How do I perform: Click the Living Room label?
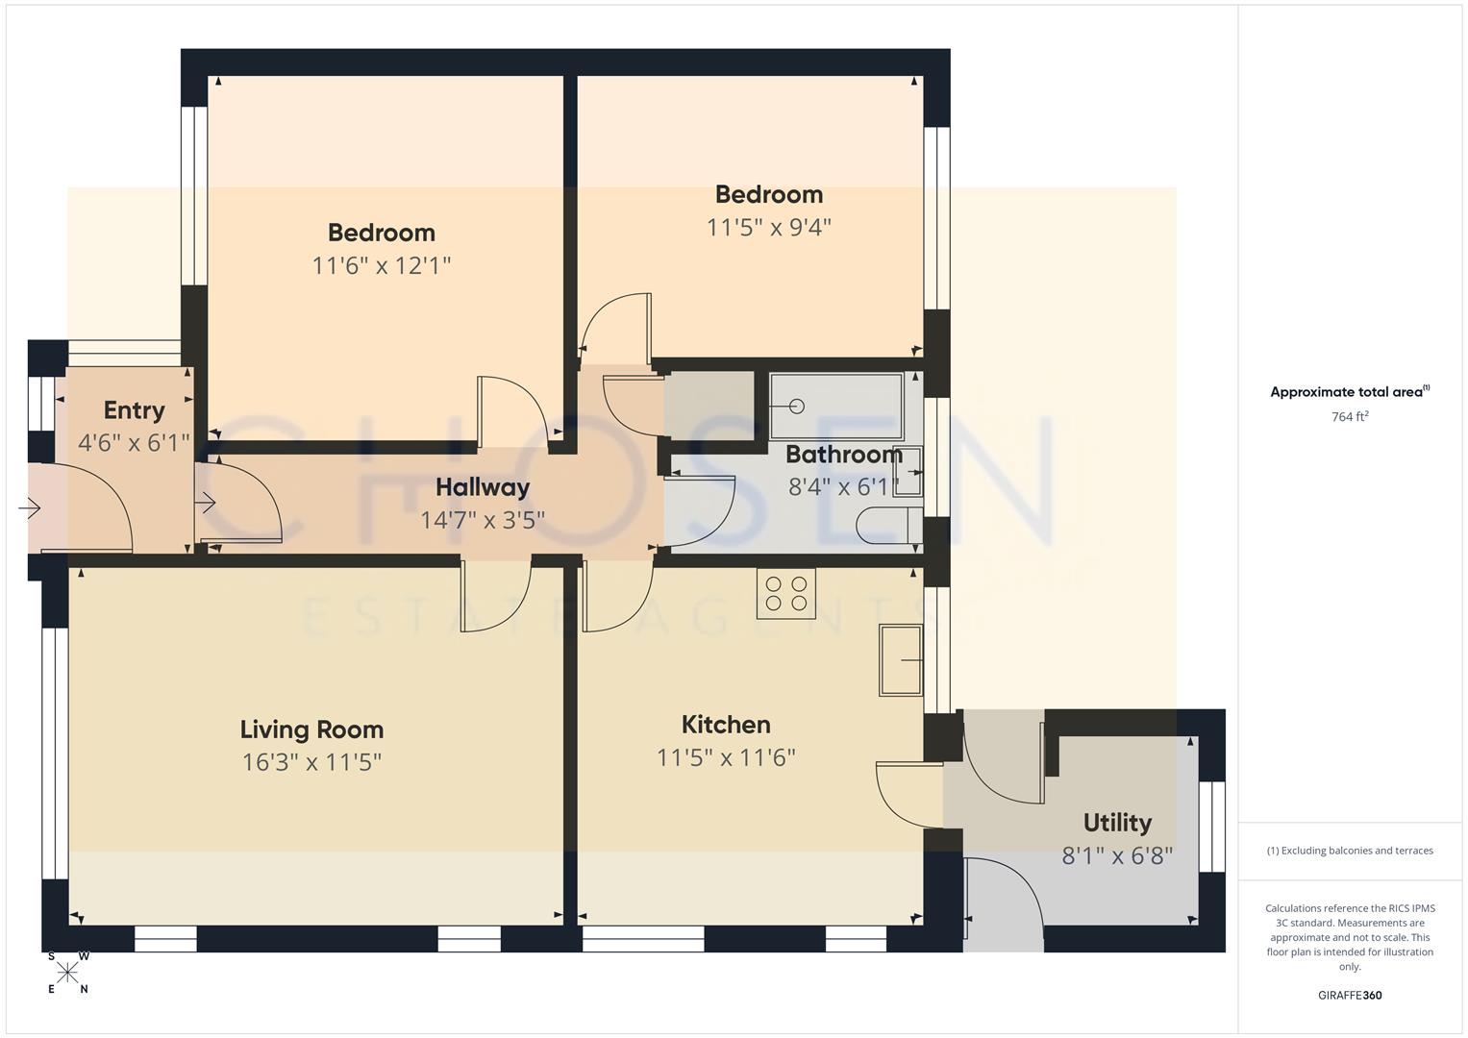[x=311, y=729]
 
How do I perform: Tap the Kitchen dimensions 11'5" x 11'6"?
[x=726, y=757]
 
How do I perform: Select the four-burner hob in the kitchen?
[x=786, y=593]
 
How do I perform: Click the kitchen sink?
[x=900, y=659]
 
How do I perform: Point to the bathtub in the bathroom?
[x=835, y=407]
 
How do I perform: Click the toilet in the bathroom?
[x=886, y=527]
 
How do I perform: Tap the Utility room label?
[x=1116, y=823]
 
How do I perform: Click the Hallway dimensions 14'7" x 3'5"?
[x=482, y=520]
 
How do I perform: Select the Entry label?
[x=134, y=410]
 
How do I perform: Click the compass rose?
[x=67, y=973]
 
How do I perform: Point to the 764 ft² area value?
[x=1350, y=417]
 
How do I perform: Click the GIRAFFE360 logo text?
[x=1350, y=995]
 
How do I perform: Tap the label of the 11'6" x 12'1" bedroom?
[x=381, y=233]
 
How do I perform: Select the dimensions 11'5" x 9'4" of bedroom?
[x=768, y=228]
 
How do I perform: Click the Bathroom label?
[x=843, y=455]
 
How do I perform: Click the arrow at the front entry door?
[x=30, y=507]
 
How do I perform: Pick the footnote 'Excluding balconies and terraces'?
[x=1350, y=851]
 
